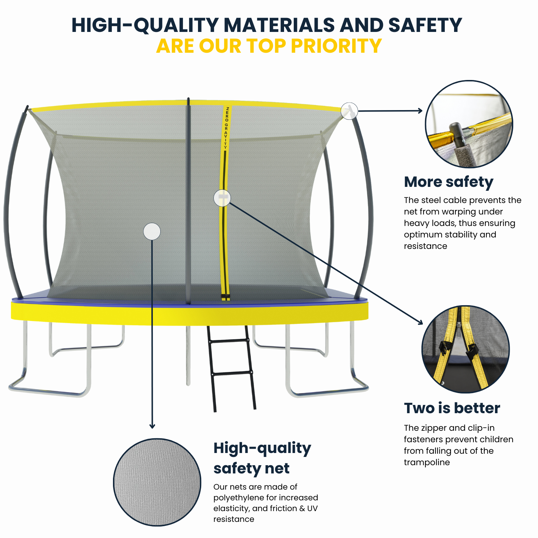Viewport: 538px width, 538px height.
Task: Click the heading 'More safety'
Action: [448, 182]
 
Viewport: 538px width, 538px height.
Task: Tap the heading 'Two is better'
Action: [452, 408]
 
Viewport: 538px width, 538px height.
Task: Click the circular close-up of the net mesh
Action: [157, 482]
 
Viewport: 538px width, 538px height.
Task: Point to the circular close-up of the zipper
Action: [466, 349]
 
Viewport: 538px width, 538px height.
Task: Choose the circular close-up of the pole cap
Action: [469, 124]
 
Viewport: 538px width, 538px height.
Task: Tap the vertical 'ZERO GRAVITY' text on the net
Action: [226, 128]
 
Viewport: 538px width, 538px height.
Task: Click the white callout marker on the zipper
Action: [222, 198]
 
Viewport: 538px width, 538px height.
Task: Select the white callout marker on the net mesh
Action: [152, 231]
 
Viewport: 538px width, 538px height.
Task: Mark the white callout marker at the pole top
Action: [349, 111]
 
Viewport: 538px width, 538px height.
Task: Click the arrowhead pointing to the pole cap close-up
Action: [420, 111]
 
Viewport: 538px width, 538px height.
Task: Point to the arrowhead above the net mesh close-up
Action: [152, 426]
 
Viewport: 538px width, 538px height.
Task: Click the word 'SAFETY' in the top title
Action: [425, 25]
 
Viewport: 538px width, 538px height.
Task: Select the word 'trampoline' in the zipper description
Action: [426, 462]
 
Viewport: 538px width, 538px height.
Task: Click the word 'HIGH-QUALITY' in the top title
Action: [145, 25]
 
